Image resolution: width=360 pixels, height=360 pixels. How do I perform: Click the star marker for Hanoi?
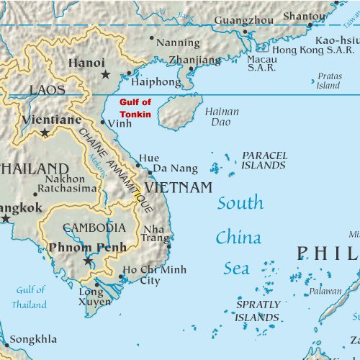coord(106,74)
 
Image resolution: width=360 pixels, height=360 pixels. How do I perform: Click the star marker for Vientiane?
coord(45,132)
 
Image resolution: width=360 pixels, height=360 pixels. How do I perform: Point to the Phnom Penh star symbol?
coord(88,261)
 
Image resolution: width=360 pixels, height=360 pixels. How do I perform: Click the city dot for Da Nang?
coord(150,172)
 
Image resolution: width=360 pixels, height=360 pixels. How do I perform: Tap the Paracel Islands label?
coord(264,160)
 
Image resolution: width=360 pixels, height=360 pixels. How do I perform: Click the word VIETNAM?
coord(179,188)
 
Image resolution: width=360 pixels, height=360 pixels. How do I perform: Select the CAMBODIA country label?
coord(94,228)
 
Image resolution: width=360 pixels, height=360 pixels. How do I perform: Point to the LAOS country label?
coord(47,90)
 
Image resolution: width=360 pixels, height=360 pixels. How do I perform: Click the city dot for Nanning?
coord(151,37)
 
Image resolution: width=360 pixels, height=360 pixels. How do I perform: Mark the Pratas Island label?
coord(328,81)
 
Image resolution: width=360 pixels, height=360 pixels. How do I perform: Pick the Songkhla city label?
coord(34,338)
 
